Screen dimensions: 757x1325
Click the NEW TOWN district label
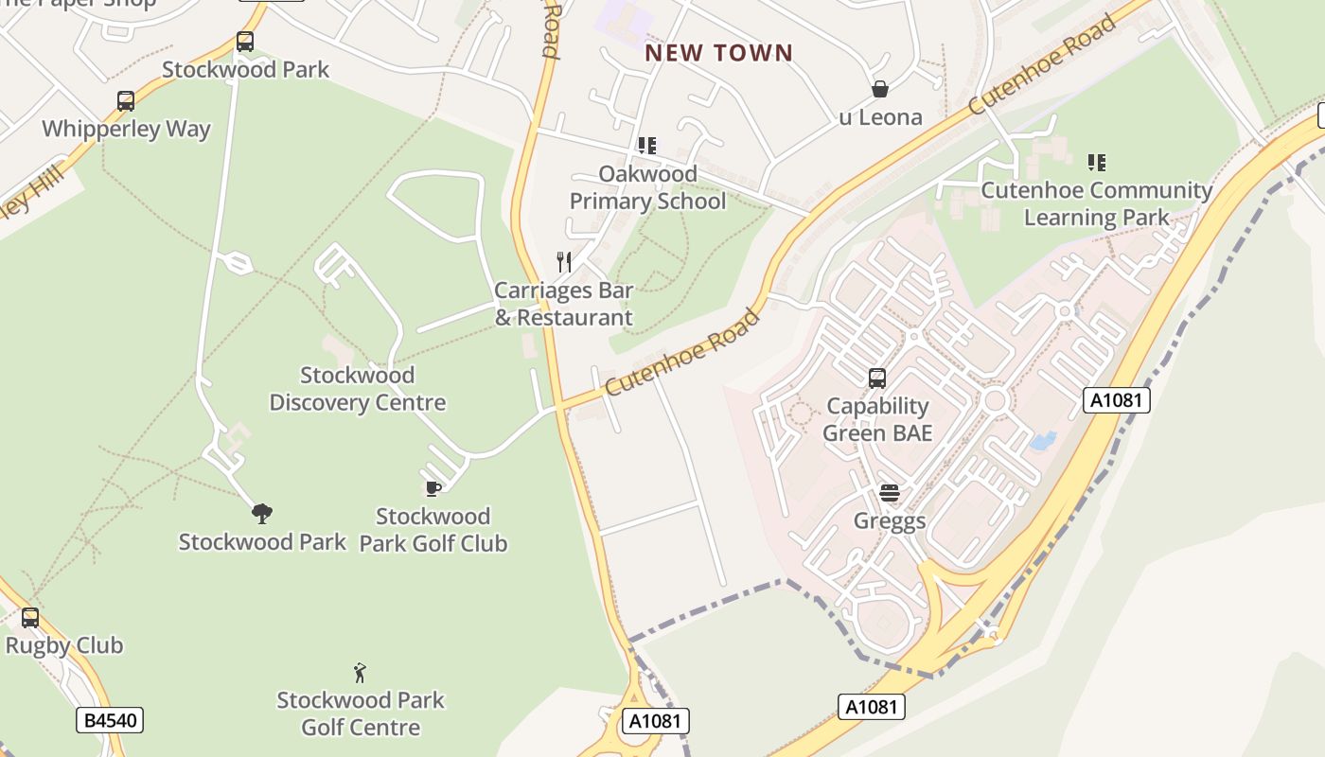pos(718,53)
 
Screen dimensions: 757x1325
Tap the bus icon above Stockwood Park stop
pos(245,42)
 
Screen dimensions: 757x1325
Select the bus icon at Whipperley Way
pos(126,101)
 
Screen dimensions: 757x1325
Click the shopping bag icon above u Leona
pos(880,89)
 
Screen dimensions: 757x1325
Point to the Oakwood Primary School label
pos(647,187)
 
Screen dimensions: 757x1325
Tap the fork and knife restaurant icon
pos(564,261)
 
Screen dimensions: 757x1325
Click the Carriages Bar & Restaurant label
pos(564,304)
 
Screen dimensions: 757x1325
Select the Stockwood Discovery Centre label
pos(357,389)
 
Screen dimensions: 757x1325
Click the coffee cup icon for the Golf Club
pos(433,488)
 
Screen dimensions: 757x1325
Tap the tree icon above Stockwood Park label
pos(262,514)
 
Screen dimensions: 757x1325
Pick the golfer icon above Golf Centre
pos(360,673)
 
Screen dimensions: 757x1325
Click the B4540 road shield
pos(111,721)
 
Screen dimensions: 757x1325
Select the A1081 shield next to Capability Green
pos(1116,400)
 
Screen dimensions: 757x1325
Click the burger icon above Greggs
pos(889,493)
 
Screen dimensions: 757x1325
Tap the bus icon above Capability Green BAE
pos(877,378)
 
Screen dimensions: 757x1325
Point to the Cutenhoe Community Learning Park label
pos(1096,203)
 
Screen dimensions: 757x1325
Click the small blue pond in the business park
pos(1042,441)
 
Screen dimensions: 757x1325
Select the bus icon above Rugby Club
pos(30,618)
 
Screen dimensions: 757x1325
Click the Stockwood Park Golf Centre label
pos(361,713)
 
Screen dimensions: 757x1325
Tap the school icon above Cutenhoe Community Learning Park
pos(1097,163)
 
